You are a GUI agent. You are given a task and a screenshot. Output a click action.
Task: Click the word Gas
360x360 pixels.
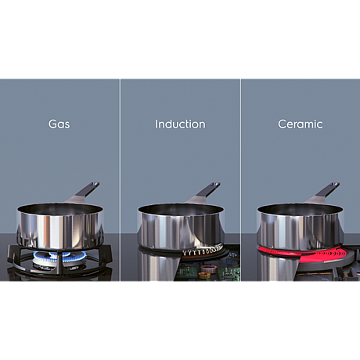(60, 124)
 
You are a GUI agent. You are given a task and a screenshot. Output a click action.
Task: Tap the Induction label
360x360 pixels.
(180, 124)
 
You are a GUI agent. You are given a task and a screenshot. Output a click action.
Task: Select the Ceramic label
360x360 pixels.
(300, 124)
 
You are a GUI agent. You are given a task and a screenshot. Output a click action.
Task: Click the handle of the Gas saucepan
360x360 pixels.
(88, 189)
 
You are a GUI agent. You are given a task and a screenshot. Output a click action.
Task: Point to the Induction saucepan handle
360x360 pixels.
(208, 189)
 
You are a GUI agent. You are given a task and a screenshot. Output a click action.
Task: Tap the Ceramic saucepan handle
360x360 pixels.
(328, 189)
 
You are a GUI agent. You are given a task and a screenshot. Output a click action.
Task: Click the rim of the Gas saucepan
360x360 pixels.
(59, 208)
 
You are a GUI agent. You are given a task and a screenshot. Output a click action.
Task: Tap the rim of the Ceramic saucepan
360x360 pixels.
(300, 208)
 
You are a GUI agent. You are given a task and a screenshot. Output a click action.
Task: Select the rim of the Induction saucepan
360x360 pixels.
(179, 208)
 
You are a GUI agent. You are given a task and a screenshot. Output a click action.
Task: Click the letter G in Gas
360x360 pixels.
(52, 124)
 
